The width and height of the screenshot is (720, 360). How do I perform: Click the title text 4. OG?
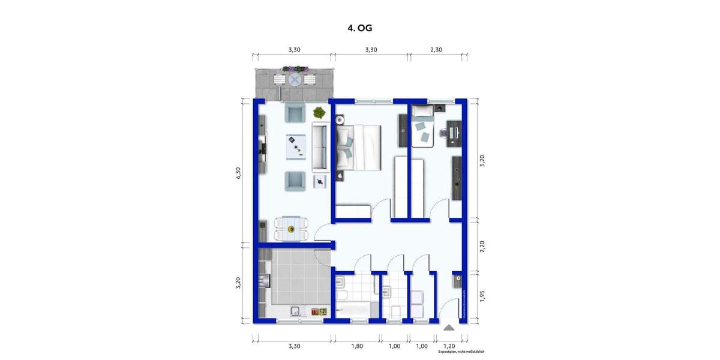pyautogui.click(x=359, y=28)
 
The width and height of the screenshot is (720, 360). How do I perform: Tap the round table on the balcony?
pyautogui.click(x=295, y=79)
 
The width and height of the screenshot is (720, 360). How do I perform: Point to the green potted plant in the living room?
pyautogui.click(x=319, y=112)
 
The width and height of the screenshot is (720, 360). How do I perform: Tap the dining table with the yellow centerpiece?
pyautogui.click(x=291, y=229)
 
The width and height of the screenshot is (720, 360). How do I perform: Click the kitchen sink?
pyautogui.click(x=296, y=311)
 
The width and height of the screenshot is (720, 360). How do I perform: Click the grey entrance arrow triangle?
pyautogui.click(x=449, y=328)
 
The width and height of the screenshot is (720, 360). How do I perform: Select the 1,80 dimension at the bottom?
pyautogui.click(x=356, y=346)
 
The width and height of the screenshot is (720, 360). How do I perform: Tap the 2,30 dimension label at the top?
pyautogui.click(x=436, y=50)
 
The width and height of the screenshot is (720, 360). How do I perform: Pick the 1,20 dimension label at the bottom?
pyautogui.click(x=448, y=346)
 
